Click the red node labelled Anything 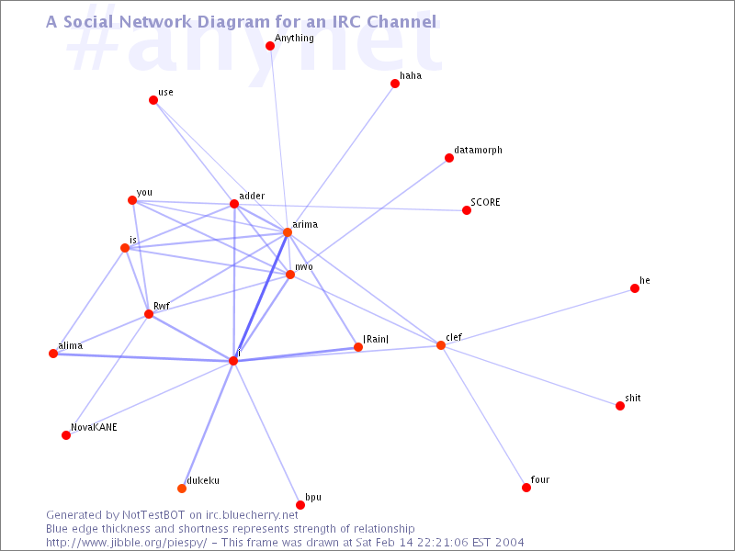(x=270, y=46)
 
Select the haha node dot (x=395, y=84)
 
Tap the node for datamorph (x=449, y=158)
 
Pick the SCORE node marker (x=467, y=210)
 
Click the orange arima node (x=288, y=232)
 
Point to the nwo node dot (x=290, y=275)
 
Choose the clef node (x=441, y=345)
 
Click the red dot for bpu (x=300, y=505)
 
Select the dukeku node (x=182, y=489)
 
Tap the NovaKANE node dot (x=66, y=435)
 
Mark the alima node (x=53, y=354)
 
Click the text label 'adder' (x=252, y=196)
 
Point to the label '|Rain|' (x=376, y=339)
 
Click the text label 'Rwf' (x=162, y=306)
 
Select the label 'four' (x=540, y=479)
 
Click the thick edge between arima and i (x=261, y=297)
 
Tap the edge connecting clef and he (x=537, y=317)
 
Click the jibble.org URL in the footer (x=126, y=543)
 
